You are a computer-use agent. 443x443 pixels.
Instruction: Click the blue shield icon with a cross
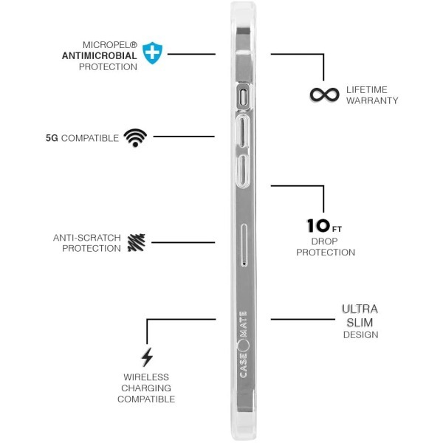pyautogui.click(x=152, y=53)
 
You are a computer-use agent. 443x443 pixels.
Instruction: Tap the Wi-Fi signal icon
pyautogui.click(x=135, y=137)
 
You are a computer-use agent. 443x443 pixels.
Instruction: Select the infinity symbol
pyautogui.click(x=324, y=95)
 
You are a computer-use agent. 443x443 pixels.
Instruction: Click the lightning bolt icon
pyautogui.click(x=147, y=357)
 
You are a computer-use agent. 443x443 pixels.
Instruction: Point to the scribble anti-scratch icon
pyautogui.click(x=137, y=242)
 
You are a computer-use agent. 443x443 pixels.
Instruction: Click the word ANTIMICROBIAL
pyautogui.click(x=100, y=55)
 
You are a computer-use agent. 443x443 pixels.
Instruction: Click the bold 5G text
pyautogui.click(x=52, y=138)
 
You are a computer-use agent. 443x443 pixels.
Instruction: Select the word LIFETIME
pyautogui.click(x=367, y=89)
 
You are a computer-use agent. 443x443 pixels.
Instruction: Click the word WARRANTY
pyautogui.click(x=372, y=100)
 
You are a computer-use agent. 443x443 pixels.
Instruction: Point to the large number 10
pyautogui.click(x=318, y=226)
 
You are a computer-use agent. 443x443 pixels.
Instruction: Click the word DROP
pyautogui.click(x=324, y=241)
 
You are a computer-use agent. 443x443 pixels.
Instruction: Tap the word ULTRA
pyautogui.click(x=360, y=309)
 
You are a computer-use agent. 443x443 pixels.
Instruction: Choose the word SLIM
pyautogui.click(x=360, y=323)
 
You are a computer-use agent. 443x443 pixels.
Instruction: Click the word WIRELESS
pyautogui.click(x=146, y=377)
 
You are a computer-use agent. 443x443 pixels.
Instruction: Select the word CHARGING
pyautogui.click(x=146, y=388)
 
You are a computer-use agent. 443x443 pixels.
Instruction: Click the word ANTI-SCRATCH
pyautogui.click(x=86, y=238)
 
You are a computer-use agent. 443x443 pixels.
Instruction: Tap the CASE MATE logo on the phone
pyautogui.click(x=243, y=344)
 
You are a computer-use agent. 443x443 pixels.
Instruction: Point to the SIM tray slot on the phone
pyautogui.click(x=244, y=245)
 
